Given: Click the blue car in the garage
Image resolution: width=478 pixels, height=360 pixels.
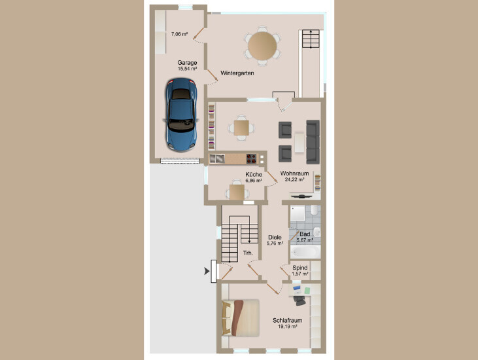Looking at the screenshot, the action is (x=181, y=115).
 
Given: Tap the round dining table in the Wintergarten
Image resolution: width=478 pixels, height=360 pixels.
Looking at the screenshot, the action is (x=262, y=46).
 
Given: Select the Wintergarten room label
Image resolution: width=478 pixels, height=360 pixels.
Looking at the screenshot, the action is (x=237, y=73).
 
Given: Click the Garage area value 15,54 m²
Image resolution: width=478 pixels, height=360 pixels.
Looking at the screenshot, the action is (x=187, y=69).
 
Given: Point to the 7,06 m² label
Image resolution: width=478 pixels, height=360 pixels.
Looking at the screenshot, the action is (x=179, y=34).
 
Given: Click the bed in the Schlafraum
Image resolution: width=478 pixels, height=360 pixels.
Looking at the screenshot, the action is (x=241, y=318).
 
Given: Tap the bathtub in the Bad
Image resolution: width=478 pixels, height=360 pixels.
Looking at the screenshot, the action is (x=305, y=252).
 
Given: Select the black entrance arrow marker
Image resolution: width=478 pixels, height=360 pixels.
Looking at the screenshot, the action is (x=207, y=271).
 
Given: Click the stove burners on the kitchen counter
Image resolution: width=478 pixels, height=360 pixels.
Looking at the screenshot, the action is (x=251, y=158).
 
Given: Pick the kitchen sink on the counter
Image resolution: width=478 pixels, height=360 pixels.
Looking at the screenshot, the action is (x=217, y=158).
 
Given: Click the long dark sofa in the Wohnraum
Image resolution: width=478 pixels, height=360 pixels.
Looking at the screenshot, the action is (x=313, y=142).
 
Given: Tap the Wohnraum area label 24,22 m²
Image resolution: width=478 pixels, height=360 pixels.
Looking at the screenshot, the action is (x=294, y=180).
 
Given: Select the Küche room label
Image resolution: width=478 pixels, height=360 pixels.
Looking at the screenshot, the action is (x=254, y=175).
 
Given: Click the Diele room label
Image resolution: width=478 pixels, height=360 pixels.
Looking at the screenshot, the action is (x=275, y=238).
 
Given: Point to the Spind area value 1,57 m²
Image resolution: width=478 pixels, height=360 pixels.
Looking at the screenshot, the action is (x=300, y=274).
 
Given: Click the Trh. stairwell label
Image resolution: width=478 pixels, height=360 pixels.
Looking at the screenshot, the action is (x=248, y=253).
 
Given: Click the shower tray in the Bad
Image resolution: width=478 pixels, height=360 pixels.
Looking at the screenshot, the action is (x=298, y=213).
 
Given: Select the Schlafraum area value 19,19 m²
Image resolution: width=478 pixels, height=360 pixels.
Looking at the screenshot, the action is (x=288, y=327).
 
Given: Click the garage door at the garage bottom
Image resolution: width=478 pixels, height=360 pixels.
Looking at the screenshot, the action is (x=180, y=160).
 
